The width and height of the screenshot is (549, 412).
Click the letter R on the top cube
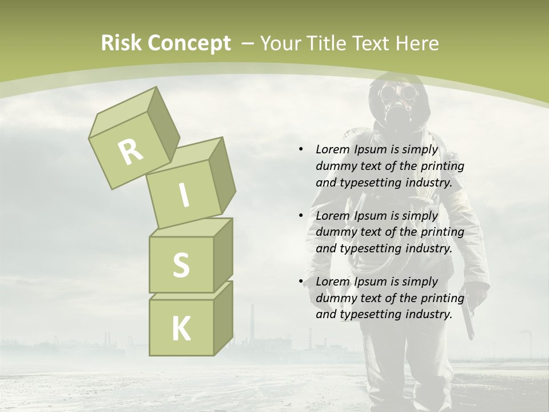tap(131, 152)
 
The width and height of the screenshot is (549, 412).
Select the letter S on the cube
tap(181, 265)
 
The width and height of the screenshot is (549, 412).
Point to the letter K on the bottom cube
tap(181, 328)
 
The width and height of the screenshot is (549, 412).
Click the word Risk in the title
tap(122, 43)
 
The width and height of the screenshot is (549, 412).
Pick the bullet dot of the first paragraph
tap(301, 150)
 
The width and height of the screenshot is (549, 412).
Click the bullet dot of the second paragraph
tap(301, 216)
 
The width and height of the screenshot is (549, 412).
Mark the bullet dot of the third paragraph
tap(301, 282)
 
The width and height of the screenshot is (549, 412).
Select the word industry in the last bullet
tap(429, 314)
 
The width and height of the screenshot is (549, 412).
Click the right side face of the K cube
tap(223, 318)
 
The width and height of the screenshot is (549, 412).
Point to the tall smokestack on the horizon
tap(251, 323)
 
